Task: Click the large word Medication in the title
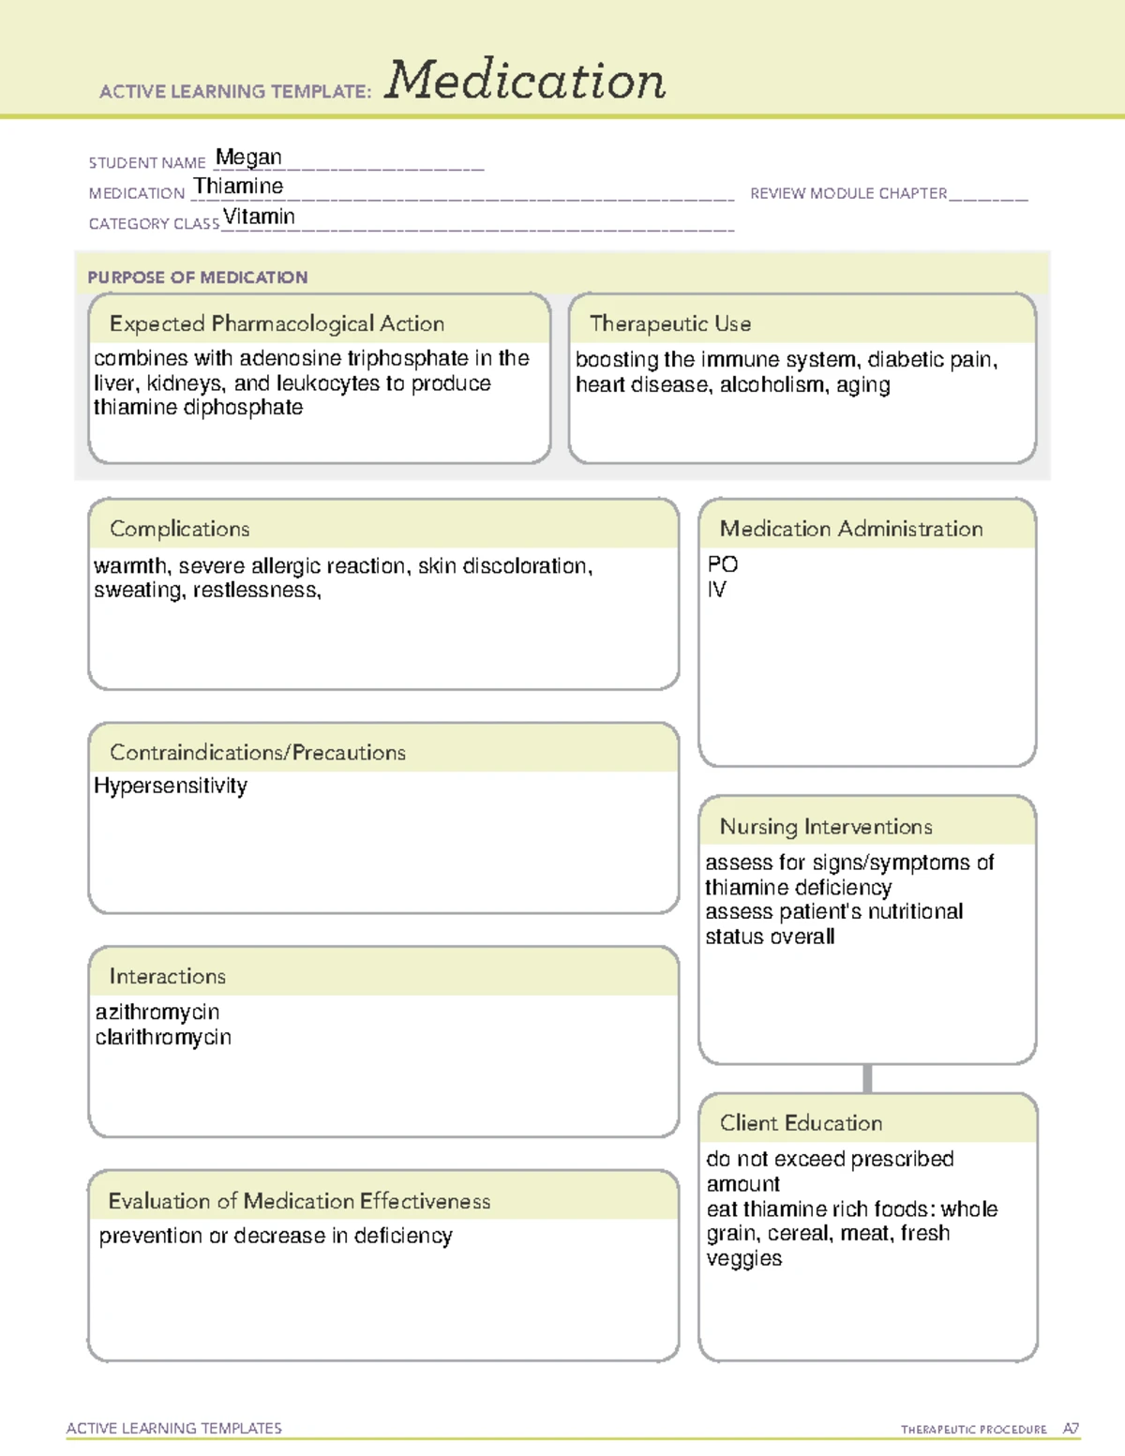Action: click(x=525, y=81)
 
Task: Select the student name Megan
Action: click(x=248, y=158)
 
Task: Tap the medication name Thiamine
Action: click(x=238, y=187)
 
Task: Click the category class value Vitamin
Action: click(x=259, y=217)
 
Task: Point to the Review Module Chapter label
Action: click(x=848, y=193)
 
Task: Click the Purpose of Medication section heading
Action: click(x=197, y=278)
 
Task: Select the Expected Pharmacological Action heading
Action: click(x=277, y=323)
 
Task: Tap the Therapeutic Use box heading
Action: click(x=669, y=323)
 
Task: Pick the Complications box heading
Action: click(x=179, y=529)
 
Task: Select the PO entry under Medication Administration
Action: click(x=722, y=564)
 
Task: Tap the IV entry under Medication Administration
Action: click(x=716, y=590)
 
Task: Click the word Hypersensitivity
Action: click(x=171, y=786)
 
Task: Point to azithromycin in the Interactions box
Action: click(x=157, y=1012)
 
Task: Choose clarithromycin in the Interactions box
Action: click(x=163, y=1037)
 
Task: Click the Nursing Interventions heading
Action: click(x=825, y=827)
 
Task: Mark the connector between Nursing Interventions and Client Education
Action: click(x=867, y=1078)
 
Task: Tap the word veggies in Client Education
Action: click(x=743, y=1258)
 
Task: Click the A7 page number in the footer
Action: click(x=1070, y=1429)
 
